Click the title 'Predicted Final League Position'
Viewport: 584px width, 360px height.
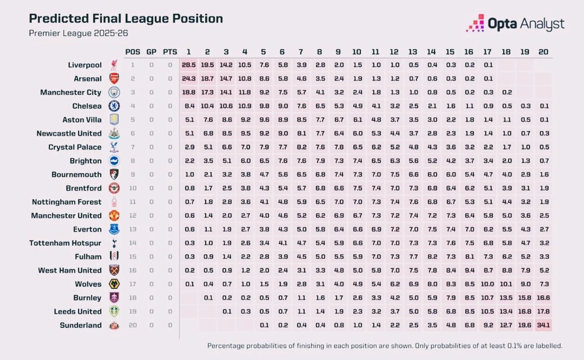pyautogui.click(x=126, y=18)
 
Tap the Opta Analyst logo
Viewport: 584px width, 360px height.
pyautogui.click(x=515, y=24)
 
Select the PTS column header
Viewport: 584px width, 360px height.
pyautogui.click(x=170, y=52)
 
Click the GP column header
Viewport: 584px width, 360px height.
pyautogui.click(x=151, y=52)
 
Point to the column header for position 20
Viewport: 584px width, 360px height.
pyautogui.click(x=543, y=52)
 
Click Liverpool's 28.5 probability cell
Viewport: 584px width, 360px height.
pyautogui.click(x=189, y=65)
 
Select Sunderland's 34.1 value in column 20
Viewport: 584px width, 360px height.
pyautogui.click(x=543, y=325)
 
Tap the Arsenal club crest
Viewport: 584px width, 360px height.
pyautogui.click(x=114, y=78)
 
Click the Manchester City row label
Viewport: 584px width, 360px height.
pyautogui.click(x=71, y=92)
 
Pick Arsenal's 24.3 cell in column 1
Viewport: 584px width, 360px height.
pyautogui.click(x=189, y=79)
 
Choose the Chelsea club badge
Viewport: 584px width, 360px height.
pyautogui.click(x=114, y=106)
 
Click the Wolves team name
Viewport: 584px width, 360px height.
pyautogui.click(x=88, y=284)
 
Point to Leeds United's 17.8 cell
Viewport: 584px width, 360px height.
pyautogui.click(x=543, y=312)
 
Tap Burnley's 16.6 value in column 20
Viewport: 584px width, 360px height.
pyautogui.click(x=543, y=298)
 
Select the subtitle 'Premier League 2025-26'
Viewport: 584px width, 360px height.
pyautogui.click(x=78, y=33)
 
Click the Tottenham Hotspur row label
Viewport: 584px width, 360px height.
pyautogui.click(x=65, y=243)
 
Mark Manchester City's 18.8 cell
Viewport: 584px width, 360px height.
pyautogui.click(x=189, y=92)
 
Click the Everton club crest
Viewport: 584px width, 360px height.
pyautogui.click(x=114, y=229)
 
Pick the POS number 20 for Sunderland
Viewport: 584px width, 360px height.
pyautogui.click(x=133, y=325)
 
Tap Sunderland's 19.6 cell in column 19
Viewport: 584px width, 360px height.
pyautogui.click(x=525, y=325)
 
